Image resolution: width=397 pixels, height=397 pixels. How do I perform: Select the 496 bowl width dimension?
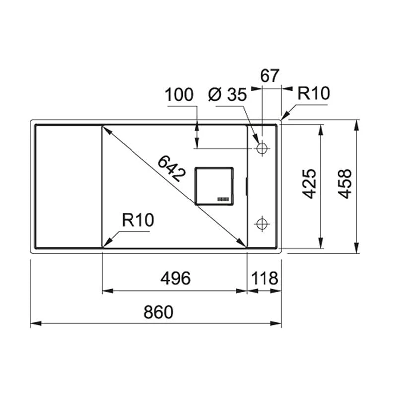click(175, 279)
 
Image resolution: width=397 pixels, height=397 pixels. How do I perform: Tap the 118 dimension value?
click(265, 279)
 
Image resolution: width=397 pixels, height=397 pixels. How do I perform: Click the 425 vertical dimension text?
click(310, 184)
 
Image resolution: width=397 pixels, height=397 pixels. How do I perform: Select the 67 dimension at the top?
click(270, 76)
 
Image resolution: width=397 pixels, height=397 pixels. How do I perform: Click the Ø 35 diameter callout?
click(227, 95)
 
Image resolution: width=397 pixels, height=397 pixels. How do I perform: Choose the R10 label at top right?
click(313, 93)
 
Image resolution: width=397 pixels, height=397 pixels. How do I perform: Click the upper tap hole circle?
click(262, 148)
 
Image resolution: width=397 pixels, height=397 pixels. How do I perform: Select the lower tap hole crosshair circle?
click(262, 224)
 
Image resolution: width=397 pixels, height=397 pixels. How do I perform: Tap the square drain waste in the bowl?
click(213, 185)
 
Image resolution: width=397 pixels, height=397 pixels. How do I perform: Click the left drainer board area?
click(67, 186)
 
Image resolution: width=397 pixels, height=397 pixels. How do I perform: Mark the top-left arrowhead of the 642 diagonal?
click(105, 129)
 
